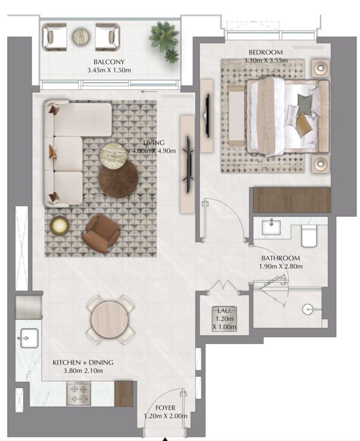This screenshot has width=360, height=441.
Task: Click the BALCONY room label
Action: [x=108, y=61]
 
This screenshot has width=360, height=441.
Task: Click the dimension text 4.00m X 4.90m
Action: [x=154, y=151]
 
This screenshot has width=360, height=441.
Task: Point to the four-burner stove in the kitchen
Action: [x=79, y=393]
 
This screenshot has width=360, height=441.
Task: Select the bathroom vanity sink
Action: [x=270, y=227]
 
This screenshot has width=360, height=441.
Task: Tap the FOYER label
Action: [x=159, y=408]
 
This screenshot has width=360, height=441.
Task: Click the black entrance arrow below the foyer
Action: [x=165, y=438]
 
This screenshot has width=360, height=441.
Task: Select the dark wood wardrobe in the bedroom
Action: [x=291, y=199]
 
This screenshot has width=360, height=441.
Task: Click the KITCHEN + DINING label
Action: [x=83, y=363]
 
